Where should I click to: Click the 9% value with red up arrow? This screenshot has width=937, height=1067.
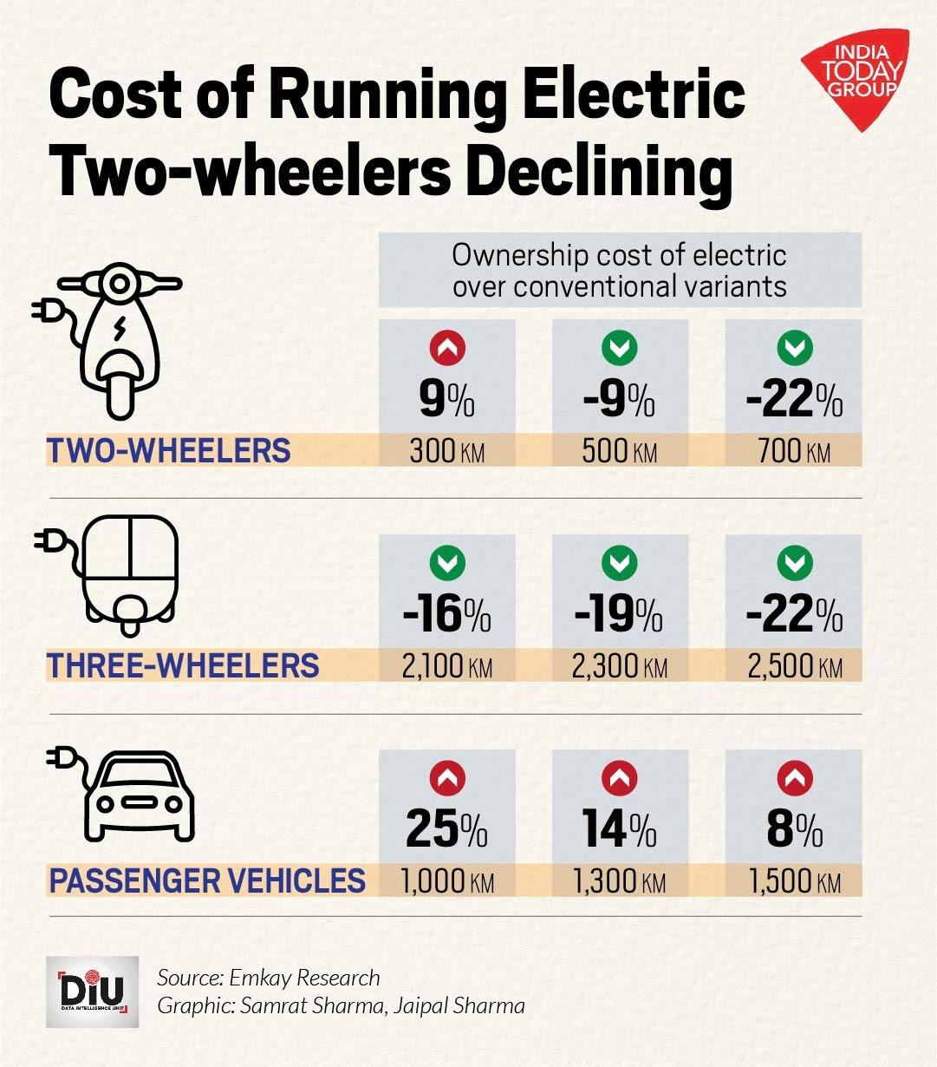coord(446,400)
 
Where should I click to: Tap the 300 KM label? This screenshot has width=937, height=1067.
coord(447,452)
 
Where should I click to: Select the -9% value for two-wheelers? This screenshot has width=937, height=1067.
coord(619,400)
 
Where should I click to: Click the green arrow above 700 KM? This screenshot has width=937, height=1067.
coord(793,349)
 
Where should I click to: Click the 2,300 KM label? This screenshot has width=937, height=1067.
coord(619,667)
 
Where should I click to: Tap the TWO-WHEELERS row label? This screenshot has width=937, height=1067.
coord(169,451)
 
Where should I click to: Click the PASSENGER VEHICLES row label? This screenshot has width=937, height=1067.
coord(207,880)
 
